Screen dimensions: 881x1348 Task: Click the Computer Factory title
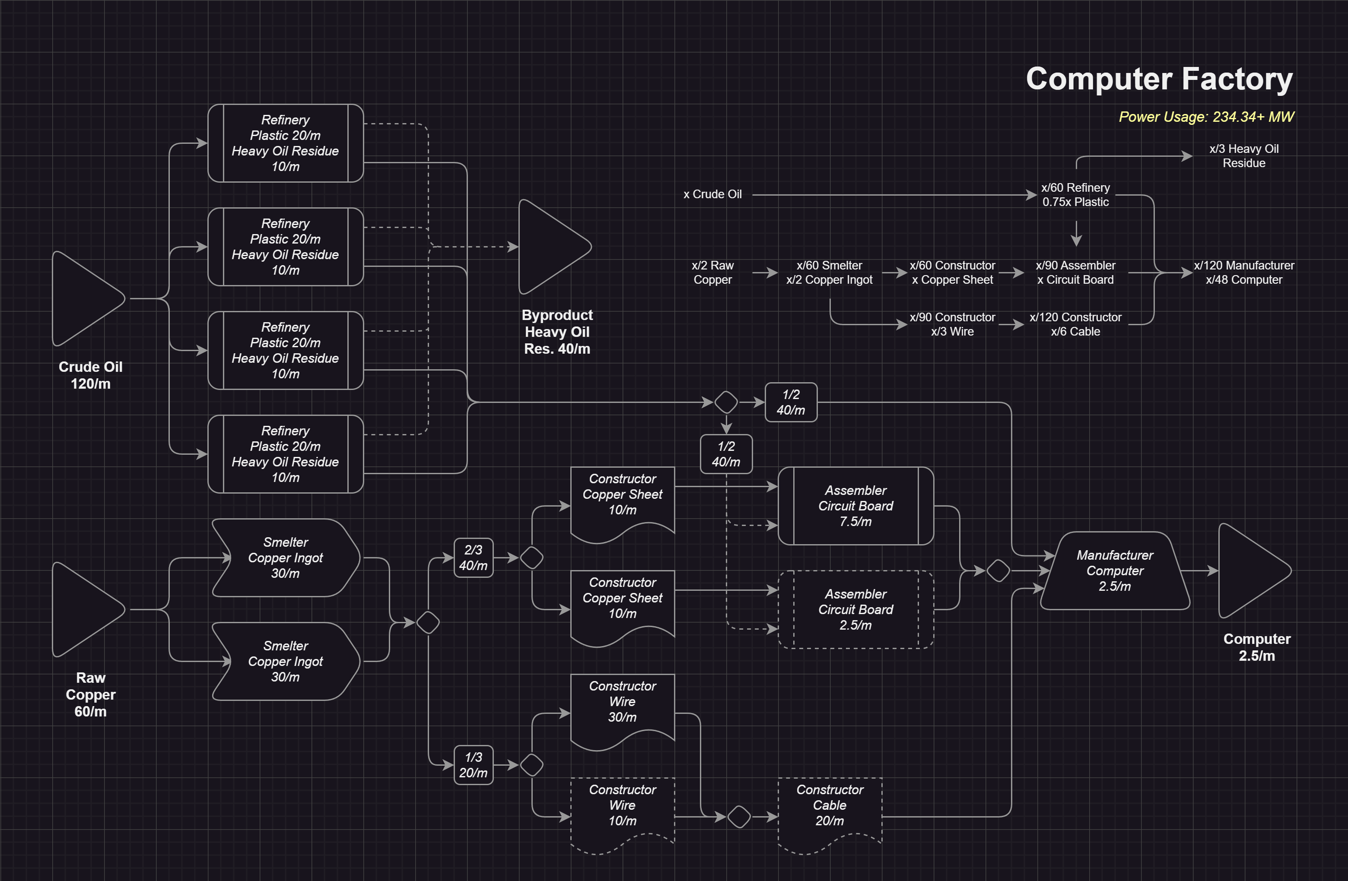1159,79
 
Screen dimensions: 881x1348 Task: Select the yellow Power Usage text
1206,117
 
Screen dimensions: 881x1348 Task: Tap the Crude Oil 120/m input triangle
85,298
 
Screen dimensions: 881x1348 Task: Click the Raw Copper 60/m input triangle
85,609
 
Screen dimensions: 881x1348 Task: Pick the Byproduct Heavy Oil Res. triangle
550,247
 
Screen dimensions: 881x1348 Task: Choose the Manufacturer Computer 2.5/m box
1115,571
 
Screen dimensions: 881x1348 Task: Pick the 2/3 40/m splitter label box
474,558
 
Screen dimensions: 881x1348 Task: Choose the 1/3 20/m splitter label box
474,765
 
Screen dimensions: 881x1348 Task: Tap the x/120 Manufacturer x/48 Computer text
1244,273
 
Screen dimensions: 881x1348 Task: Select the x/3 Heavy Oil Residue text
1244,156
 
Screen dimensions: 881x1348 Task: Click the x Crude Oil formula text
712,194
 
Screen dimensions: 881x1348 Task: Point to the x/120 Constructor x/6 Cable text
1075,324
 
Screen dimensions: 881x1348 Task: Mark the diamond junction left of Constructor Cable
739,817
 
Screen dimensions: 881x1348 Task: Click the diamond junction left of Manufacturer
998,571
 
